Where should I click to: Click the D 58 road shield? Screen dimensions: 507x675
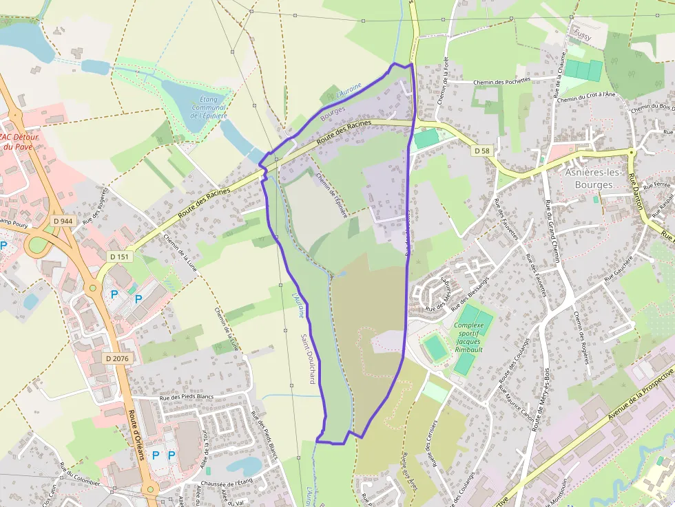click(x=481, y=150)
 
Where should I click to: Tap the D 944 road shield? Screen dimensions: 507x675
click(x=63, y=221)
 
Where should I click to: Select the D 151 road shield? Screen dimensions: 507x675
click(x=119, y=257)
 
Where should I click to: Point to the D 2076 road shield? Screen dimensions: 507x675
click(x=117, y=358)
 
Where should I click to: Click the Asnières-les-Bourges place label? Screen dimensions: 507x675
click(x=589, y=179)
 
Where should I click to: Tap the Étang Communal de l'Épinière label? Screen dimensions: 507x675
click(x=209, y=108)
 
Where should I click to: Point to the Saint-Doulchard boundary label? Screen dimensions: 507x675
click(x=308, y=358)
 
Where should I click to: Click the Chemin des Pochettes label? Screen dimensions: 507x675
click(x=502, y=82)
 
